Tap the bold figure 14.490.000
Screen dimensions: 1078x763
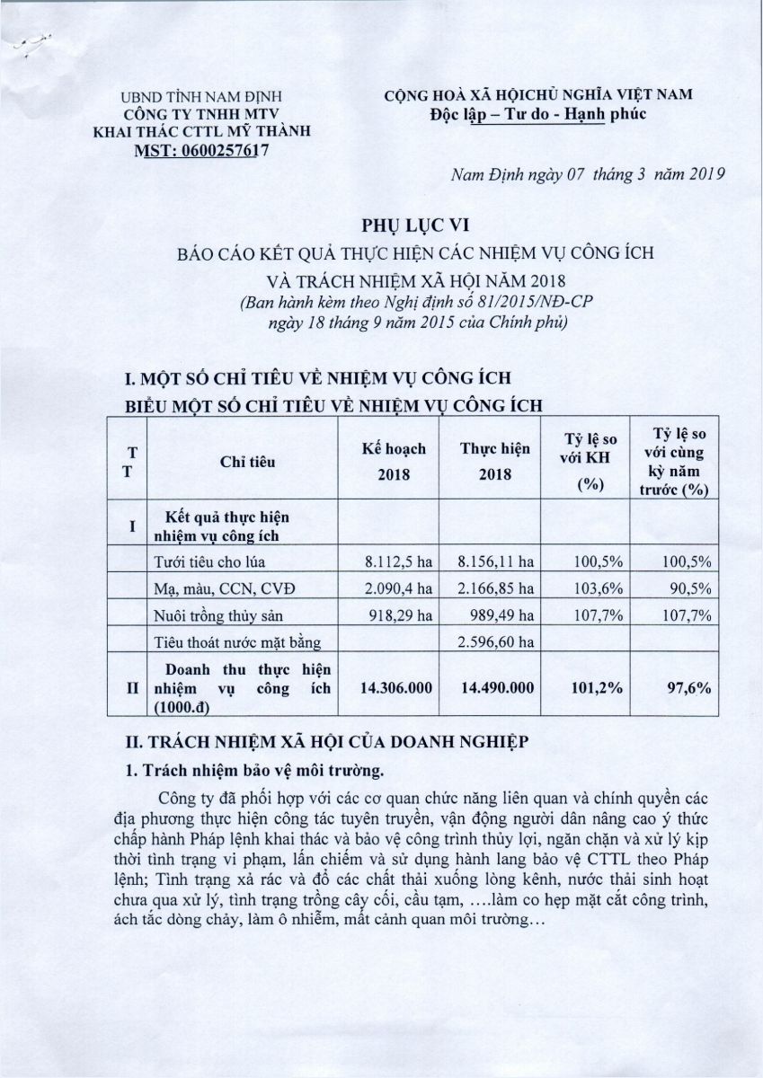click(497, 687)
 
